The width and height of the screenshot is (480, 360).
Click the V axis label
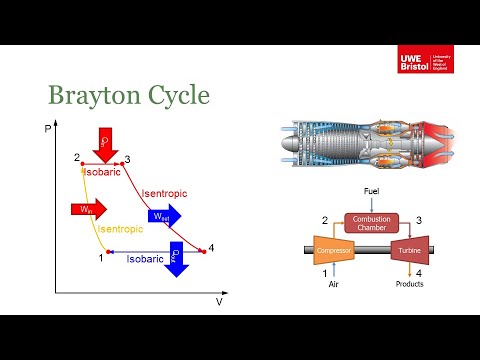219,300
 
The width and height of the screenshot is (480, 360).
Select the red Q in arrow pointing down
105,142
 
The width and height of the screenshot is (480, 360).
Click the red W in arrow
87,209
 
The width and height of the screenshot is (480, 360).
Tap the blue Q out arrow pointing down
177,258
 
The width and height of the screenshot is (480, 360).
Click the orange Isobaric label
104,172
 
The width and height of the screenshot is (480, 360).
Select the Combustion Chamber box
372,225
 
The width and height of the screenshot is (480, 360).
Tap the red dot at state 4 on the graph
203,249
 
